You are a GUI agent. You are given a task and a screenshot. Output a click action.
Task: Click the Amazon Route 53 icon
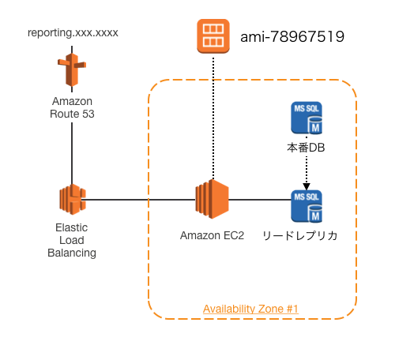point(72,72)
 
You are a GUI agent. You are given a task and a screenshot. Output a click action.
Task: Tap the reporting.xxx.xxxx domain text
point(72,33)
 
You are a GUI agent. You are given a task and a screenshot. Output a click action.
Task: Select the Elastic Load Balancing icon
point(72,199)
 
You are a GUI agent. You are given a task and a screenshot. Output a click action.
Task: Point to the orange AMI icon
point(212,37)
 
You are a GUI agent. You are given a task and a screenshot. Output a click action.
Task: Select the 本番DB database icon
point(307,118)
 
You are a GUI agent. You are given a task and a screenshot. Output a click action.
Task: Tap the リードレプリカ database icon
point(307,206)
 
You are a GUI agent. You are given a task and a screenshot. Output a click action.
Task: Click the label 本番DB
point(306,147)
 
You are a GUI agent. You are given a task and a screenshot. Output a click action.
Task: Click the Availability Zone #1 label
point(250,308)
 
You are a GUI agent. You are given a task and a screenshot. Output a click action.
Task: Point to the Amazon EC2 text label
point(212,235)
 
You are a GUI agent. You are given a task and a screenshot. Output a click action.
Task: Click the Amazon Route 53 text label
point(72,107)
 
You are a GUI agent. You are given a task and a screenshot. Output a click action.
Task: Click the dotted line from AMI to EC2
point(212,118)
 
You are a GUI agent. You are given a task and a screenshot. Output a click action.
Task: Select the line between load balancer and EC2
point(142,199)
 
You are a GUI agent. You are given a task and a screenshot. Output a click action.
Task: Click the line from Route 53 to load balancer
point(72,150)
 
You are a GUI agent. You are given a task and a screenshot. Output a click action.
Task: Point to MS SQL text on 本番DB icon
point(307,107)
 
